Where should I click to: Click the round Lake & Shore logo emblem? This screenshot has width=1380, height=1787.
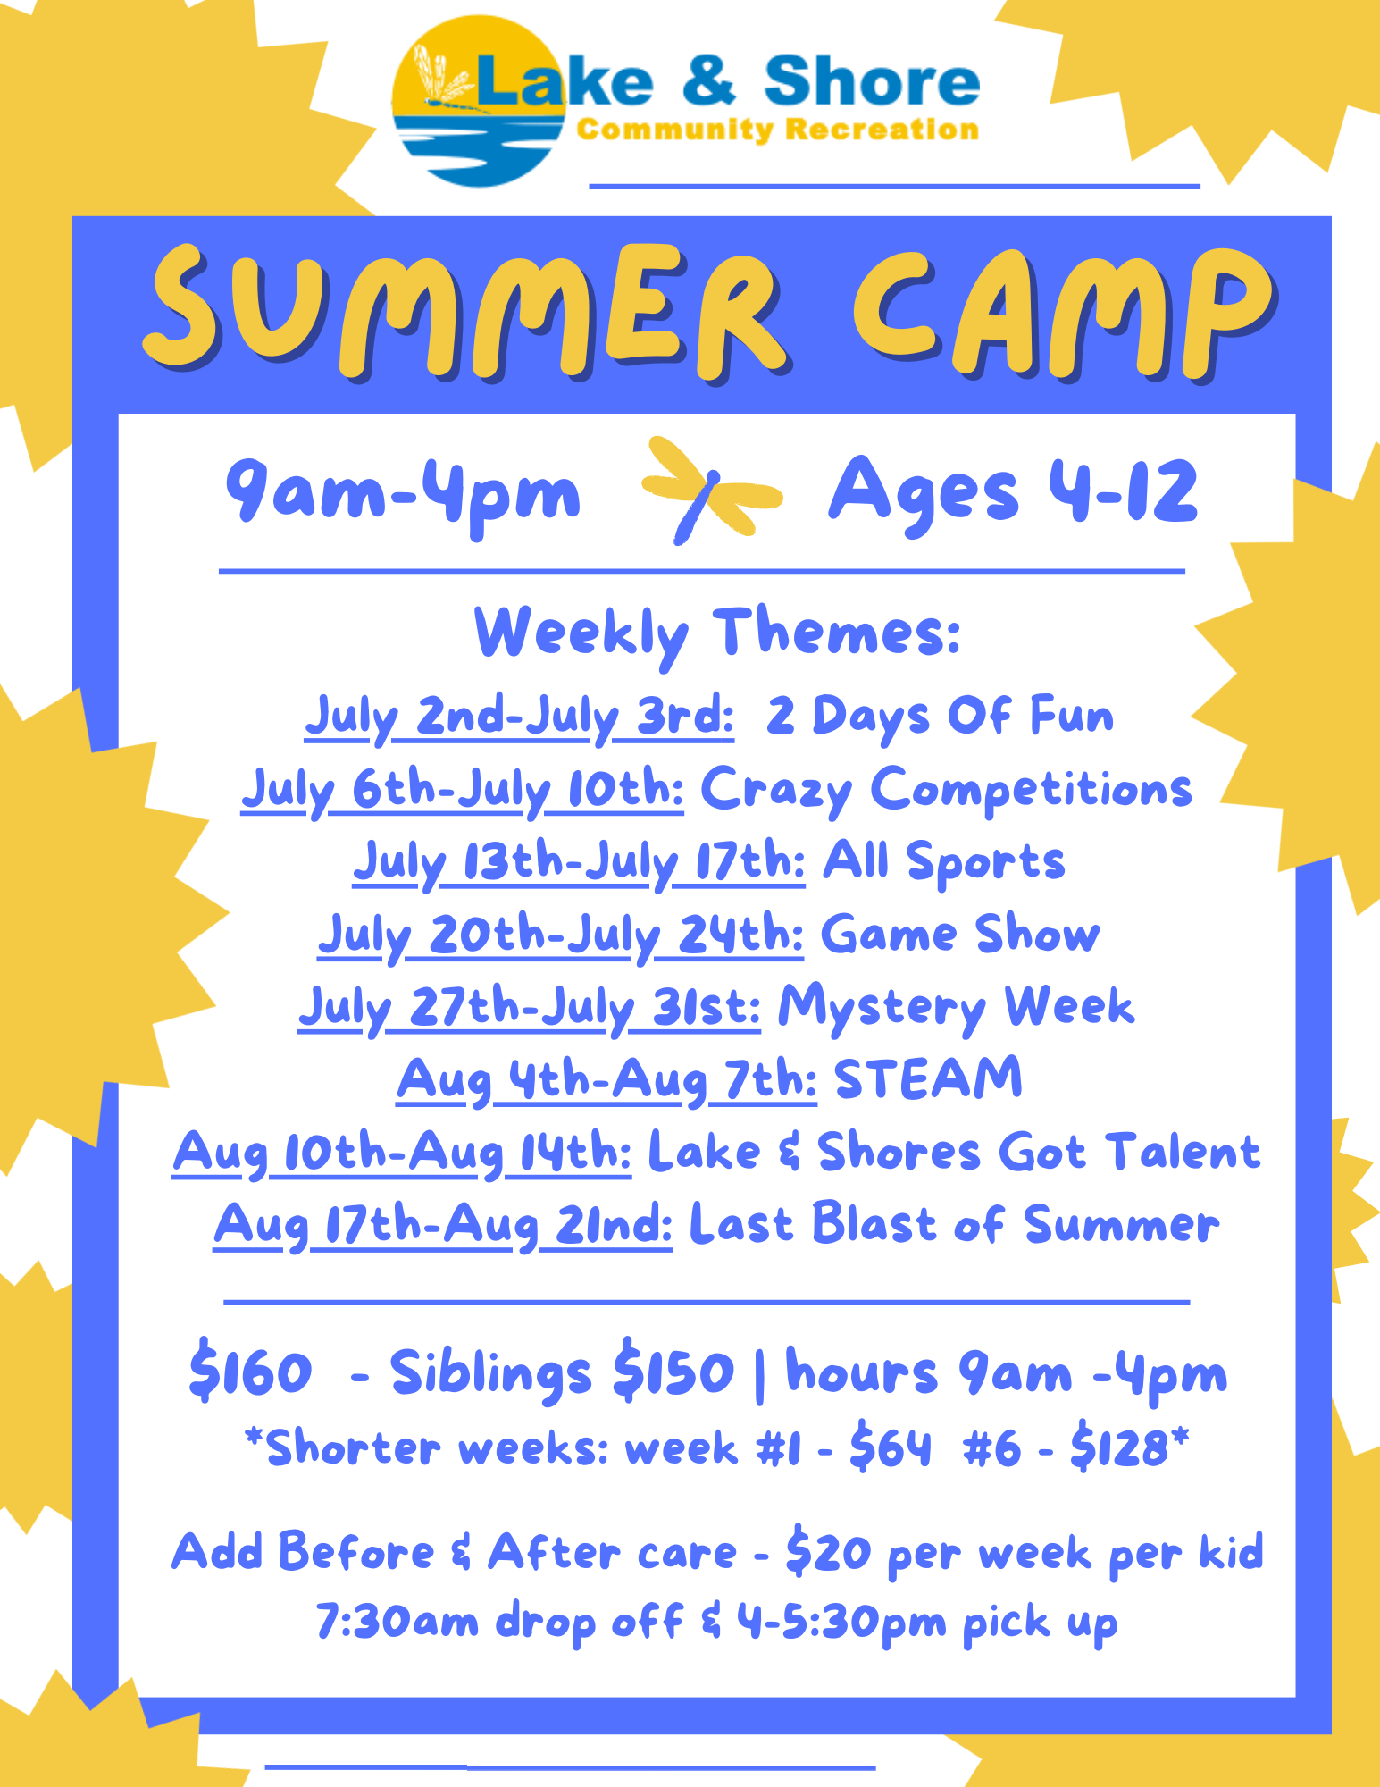(480, 101)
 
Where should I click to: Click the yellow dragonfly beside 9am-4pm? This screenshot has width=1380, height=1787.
(710, 490)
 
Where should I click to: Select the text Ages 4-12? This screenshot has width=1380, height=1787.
(1013, 492)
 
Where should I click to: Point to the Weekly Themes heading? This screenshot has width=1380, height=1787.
(717, 633)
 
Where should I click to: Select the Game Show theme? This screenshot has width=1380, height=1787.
(960, 935)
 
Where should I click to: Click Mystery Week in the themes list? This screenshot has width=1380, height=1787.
(956, 1008)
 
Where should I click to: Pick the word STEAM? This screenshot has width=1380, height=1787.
(928, 1078)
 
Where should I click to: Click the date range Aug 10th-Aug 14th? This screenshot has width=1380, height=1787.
(402, 1154)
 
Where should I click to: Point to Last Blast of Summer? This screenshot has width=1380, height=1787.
(954, 1224)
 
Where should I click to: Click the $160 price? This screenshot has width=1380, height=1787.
(251, 1372)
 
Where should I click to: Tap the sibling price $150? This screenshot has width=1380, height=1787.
(673, 1372)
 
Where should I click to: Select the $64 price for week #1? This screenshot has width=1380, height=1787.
(891, 1447)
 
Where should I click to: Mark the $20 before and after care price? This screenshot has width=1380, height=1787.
(828, 1553)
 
